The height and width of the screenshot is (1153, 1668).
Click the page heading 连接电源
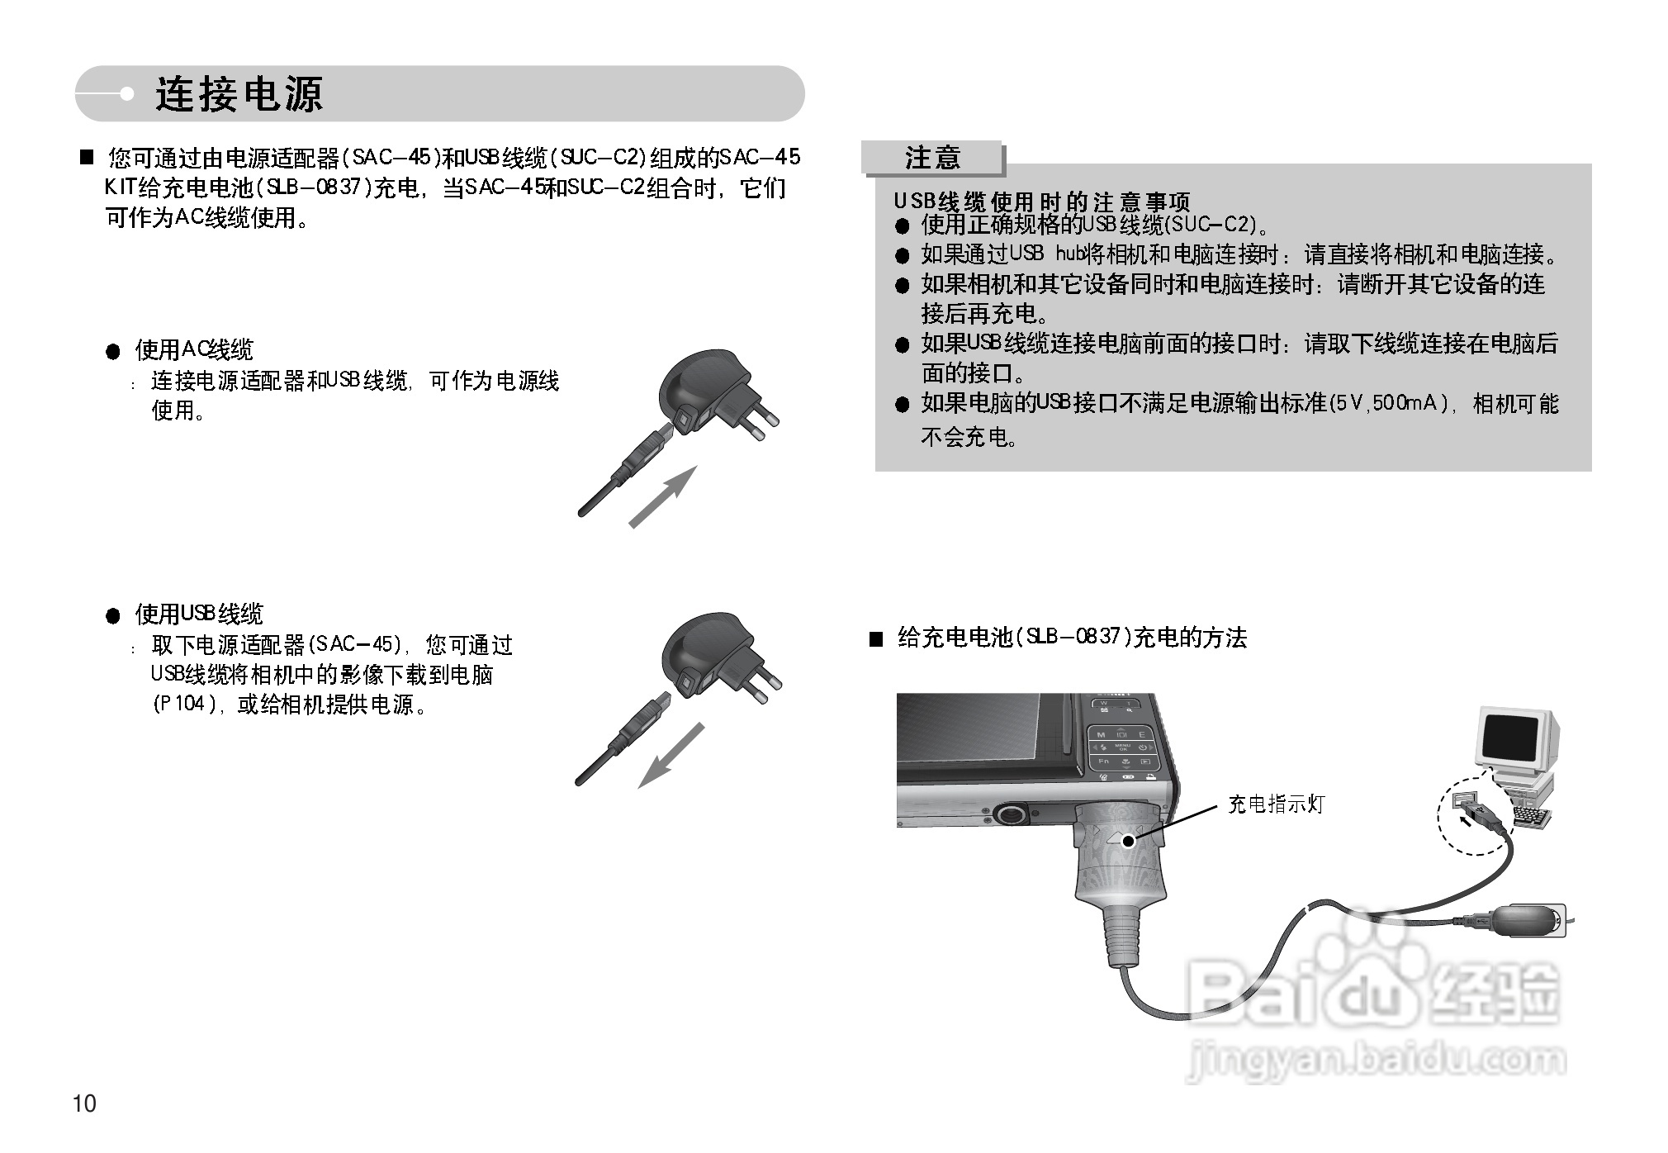point(239,94)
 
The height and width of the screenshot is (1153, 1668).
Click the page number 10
point(85,1103)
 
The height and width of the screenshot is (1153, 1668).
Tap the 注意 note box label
point(932,157)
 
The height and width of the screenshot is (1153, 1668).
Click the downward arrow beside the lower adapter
point(671,756)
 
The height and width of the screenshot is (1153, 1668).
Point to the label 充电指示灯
point(1276,804)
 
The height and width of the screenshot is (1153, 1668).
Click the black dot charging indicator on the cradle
point(1128,841)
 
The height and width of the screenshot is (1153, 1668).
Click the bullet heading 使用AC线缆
point(194,350)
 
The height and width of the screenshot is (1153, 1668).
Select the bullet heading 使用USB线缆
point(199,614)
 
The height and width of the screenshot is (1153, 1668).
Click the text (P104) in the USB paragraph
point(184,705)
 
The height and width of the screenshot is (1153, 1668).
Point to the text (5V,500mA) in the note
point(1388,403)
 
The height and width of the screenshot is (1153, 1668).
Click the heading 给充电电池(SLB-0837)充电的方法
point(1071,637)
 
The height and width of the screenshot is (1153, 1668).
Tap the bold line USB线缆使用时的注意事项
point(1042,202)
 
